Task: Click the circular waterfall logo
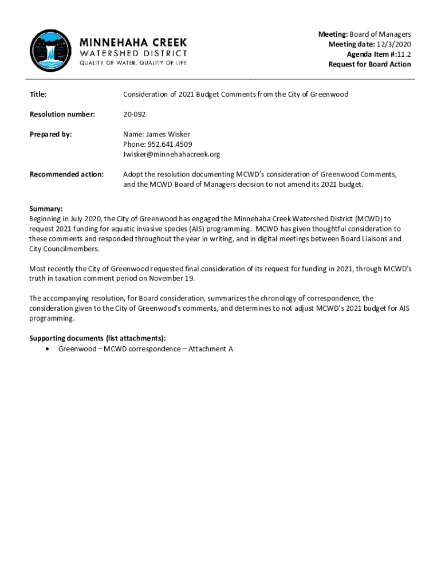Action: [50, 51]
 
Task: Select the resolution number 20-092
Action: [133, 114]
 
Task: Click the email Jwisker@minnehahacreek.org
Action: [171, 154]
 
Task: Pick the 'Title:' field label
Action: [38, 94]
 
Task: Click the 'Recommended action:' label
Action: [66, 174]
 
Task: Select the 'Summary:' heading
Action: [46, 209]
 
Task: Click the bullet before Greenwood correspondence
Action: [46, 349]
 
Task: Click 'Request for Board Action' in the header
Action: [369, 64]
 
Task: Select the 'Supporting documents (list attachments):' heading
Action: [98, 339]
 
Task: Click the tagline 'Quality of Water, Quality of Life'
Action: [133, 63]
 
